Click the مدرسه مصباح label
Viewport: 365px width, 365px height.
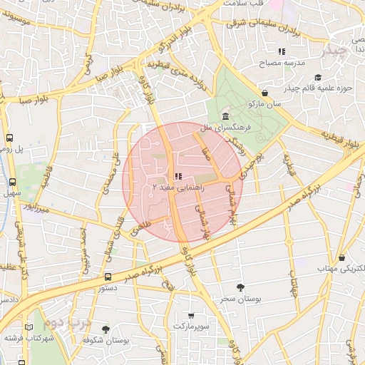point(285,63)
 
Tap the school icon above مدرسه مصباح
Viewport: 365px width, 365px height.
point(282,51)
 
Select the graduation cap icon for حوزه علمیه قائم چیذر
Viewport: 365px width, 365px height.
point(317,77)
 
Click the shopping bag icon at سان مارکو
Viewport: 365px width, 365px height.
point(265,93)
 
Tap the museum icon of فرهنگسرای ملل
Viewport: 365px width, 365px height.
point(225,115)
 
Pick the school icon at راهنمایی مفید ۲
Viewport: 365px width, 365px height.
point(178,175)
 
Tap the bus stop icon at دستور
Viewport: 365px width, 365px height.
point(108,277)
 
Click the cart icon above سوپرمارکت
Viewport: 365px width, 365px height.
point(191,315)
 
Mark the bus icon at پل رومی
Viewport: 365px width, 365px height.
point(10,138)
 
